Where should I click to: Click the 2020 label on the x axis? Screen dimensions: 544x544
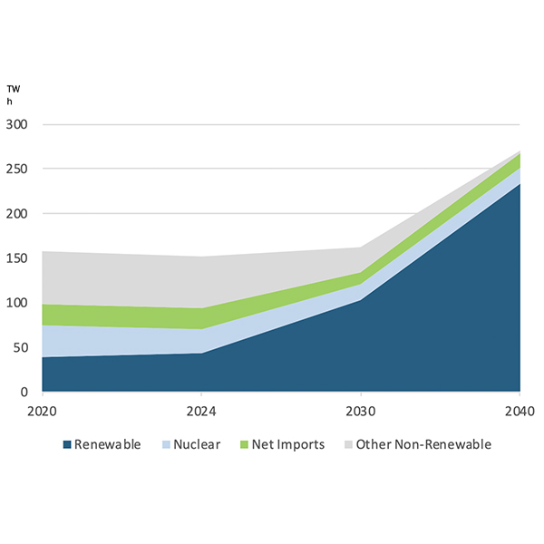[42, 410]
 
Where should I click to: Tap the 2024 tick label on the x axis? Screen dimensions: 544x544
[200, 410]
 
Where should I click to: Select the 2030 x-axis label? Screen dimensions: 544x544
[360, 410]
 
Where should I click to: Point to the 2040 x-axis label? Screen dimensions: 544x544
[519, 410]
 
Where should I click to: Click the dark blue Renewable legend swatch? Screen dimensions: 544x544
[66, 445]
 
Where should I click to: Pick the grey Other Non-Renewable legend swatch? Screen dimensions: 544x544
[347, 445]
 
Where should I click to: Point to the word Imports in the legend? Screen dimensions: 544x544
[304, 444]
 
